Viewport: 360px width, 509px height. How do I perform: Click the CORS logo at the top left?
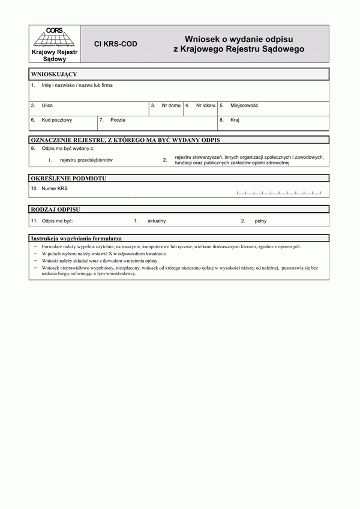(53, 37)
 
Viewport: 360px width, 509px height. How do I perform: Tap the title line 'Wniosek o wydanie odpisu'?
(238, 38)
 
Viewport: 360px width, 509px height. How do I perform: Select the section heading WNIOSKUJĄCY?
(53, 74)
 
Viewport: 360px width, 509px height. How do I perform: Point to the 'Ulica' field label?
(47, 106)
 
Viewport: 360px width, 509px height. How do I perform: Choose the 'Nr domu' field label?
(171, 106)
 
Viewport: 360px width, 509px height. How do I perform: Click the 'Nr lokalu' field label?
(206, 106)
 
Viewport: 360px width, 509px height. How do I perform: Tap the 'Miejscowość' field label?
(244, 106)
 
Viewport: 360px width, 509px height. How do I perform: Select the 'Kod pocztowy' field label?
(57, 120)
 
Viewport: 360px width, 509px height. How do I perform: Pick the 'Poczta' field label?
(118, 120)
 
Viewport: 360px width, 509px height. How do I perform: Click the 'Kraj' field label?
(235, 120)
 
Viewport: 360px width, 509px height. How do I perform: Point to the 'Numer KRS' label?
(55, 189)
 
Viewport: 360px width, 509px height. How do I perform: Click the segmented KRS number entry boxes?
(279, 192)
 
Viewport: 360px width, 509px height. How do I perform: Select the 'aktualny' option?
(157, 221)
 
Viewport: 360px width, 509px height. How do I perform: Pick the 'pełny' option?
(261, 221)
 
